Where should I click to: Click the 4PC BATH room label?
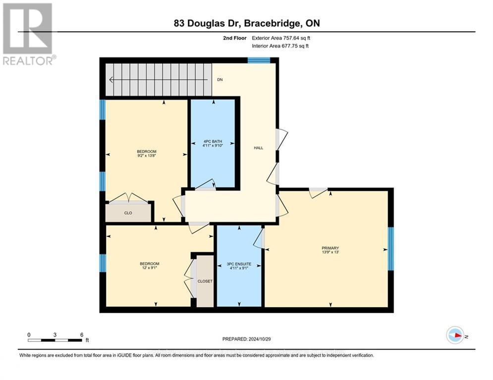[213, 141]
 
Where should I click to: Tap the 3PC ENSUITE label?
[239, 264]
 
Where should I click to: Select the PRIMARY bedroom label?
[330, 248]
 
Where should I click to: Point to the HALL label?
[258, 147]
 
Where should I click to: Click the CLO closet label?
[128, 213]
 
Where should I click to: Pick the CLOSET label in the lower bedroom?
[205, 281]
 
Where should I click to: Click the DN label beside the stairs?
[219, 79]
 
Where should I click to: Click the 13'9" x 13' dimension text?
[330, 252]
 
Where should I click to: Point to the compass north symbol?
[455, 335]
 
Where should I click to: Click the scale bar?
[55, 340]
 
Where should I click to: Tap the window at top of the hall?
[259, 60]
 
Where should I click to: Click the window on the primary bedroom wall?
[390, 249]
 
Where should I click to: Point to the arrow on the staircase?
[113, 79]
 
